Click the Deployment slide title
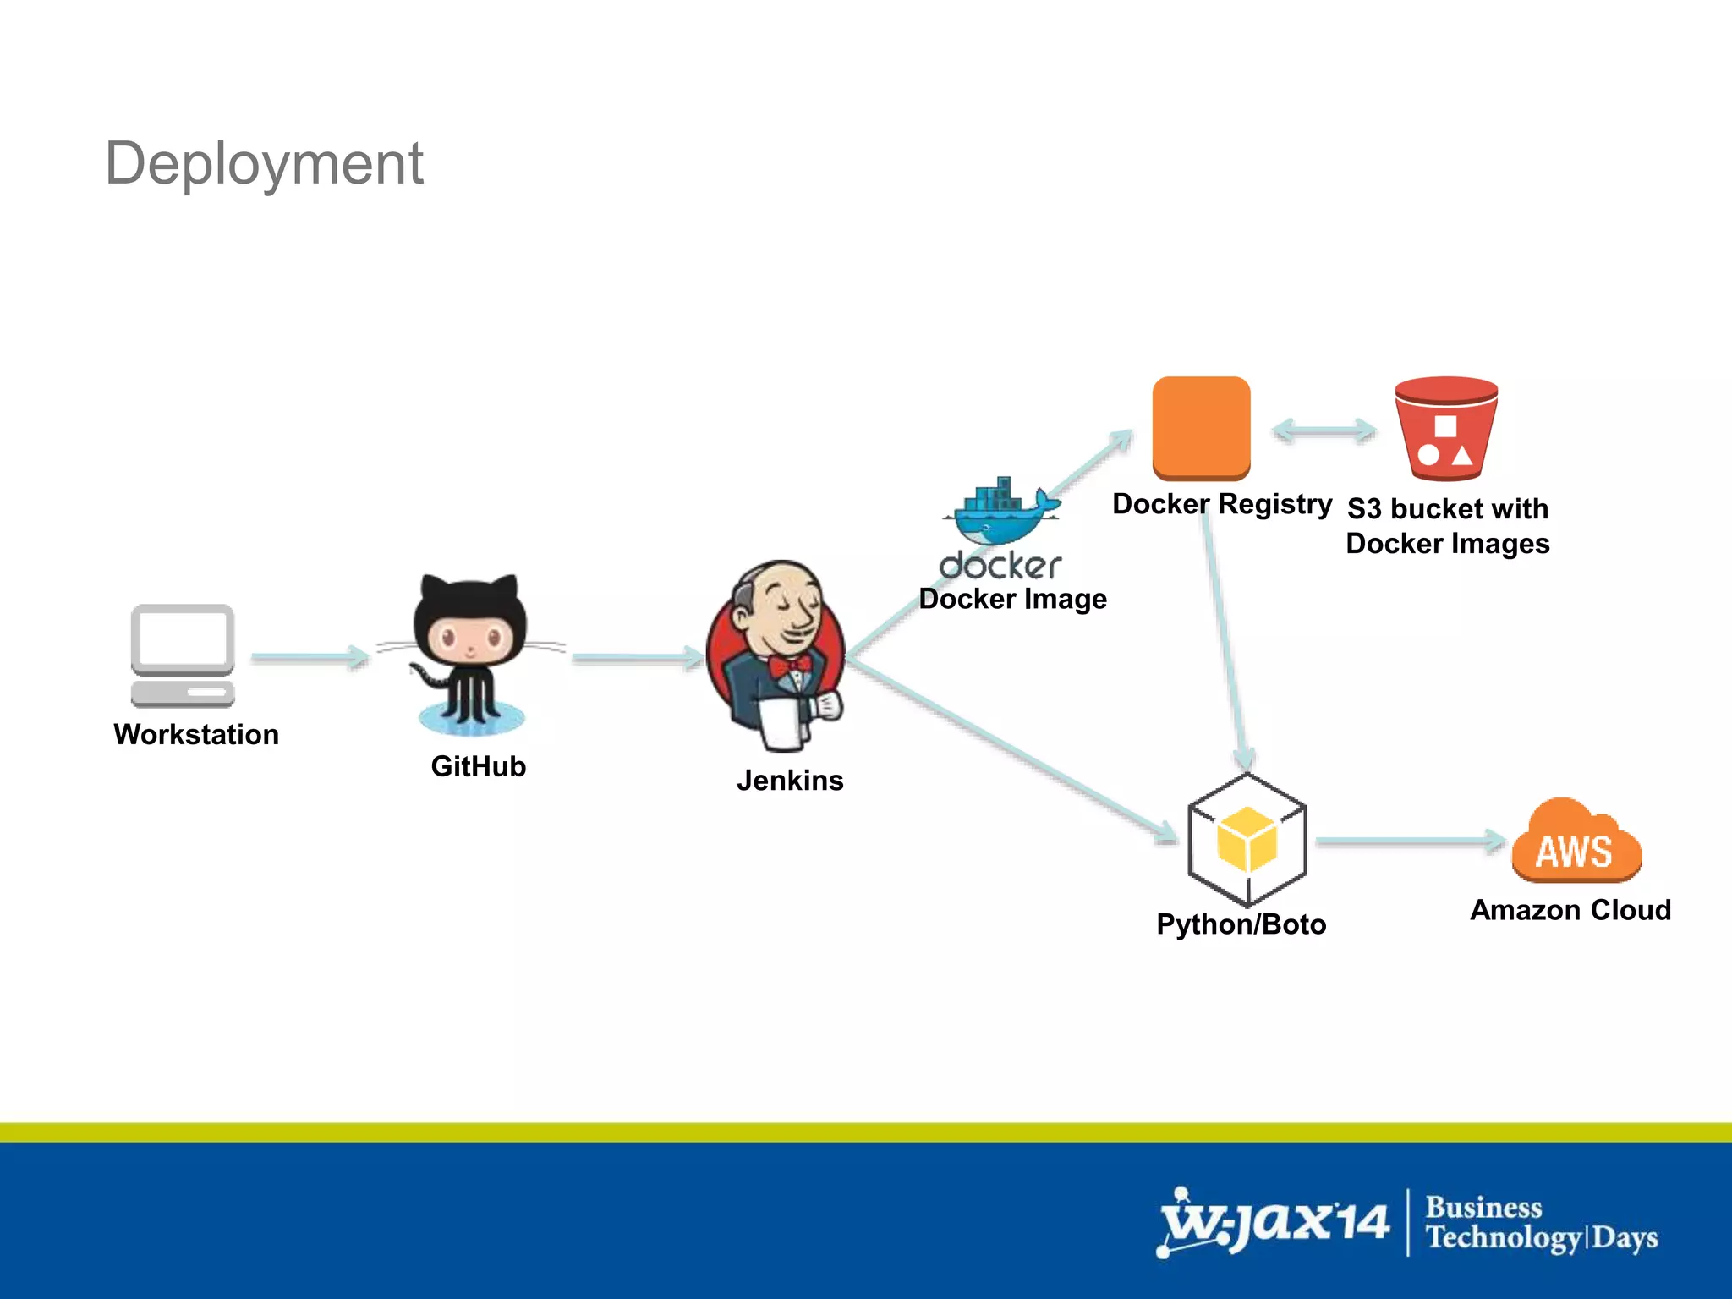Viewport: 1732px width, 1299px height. tap(264, 163)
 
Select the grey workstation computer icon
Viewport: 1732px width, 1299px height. tap(183, 655)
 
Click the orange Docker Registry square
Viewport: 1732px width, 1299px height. tap(1201, 427)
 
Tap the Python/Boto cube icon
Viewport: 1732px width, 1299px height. tap(1247, 840)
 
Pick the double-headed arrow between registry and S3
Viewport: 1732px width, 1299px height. tap(1324, 430)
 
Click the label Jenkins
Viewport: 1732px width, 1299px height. tap(790, 780)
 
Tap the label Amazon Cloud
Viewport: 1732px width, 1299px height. tap(1570, 910)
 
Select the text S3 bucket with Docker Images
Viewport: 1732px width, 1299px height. tap(1448, 526)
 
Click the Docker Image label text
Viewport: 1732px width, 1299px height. tap(1012, 599)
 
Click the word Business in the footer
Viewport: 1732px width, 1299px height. tap(1483, 1207)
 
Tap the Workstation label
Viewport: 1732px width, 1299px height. tap(196, 734)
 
